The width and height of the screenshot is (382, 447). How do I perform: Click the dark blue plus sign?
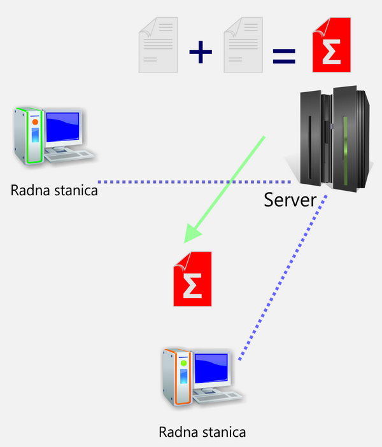tap(201, 53)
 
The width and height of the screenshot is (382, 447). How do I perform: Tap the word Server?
tap(290, 200)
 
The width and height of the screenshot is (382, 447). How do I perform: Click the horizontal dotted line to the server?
tap(191, 181)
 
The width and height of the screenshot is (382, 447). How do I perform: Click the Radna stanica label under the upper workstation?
tap(54, 189)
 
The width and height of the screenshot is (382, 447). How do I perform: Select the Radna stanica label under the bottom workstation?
tap(202, 432)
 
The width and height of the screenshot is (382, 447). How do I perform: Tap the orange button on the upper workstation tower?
tap(36, 121)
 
